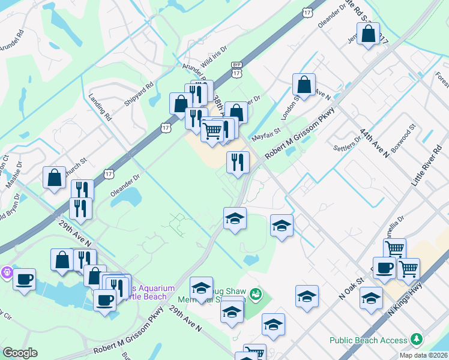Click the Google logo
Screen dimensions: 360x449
pos(19,353)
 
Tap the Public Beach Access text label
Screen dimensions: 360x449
pos(368,340)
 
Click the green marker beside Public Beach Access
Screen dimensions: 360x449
pos(415,340)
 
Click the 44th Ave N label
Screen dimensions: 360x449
pos(375,142)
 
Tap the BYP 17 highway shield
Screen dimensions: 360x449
pos(237,70)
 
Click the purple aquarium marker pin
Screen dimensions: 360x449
pos(7,272)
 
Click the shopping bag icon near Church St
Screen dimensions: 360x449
pos(54,177)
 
